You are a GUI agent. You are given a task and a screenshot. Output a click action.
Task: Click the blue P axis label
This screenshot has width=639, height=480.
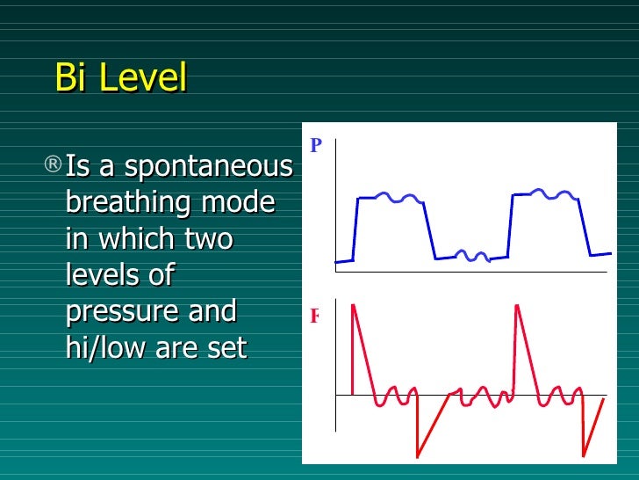[317, 145]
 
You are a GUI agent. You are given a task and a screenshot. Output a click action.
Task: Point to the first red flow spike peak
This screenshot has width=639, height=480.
[353, 305]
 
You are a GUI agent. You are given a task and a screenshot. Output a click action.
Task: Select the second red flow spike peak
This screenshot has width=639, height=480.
[517, 305]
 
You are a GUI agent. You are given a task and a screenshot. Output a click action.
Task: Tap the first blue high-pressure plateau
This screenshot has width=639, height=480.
[391, 198]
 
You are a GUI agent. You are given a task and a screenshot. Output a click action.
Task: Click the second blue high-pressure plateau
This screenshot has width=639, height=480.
[544, 193]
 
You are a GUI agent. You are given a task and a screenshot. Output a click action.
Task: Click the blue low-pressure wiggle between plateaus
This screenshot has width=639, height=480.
[474, 256]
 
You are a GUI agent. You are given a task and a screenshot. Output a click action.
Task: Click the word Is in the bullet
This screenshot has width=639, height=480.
[78, 166]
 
